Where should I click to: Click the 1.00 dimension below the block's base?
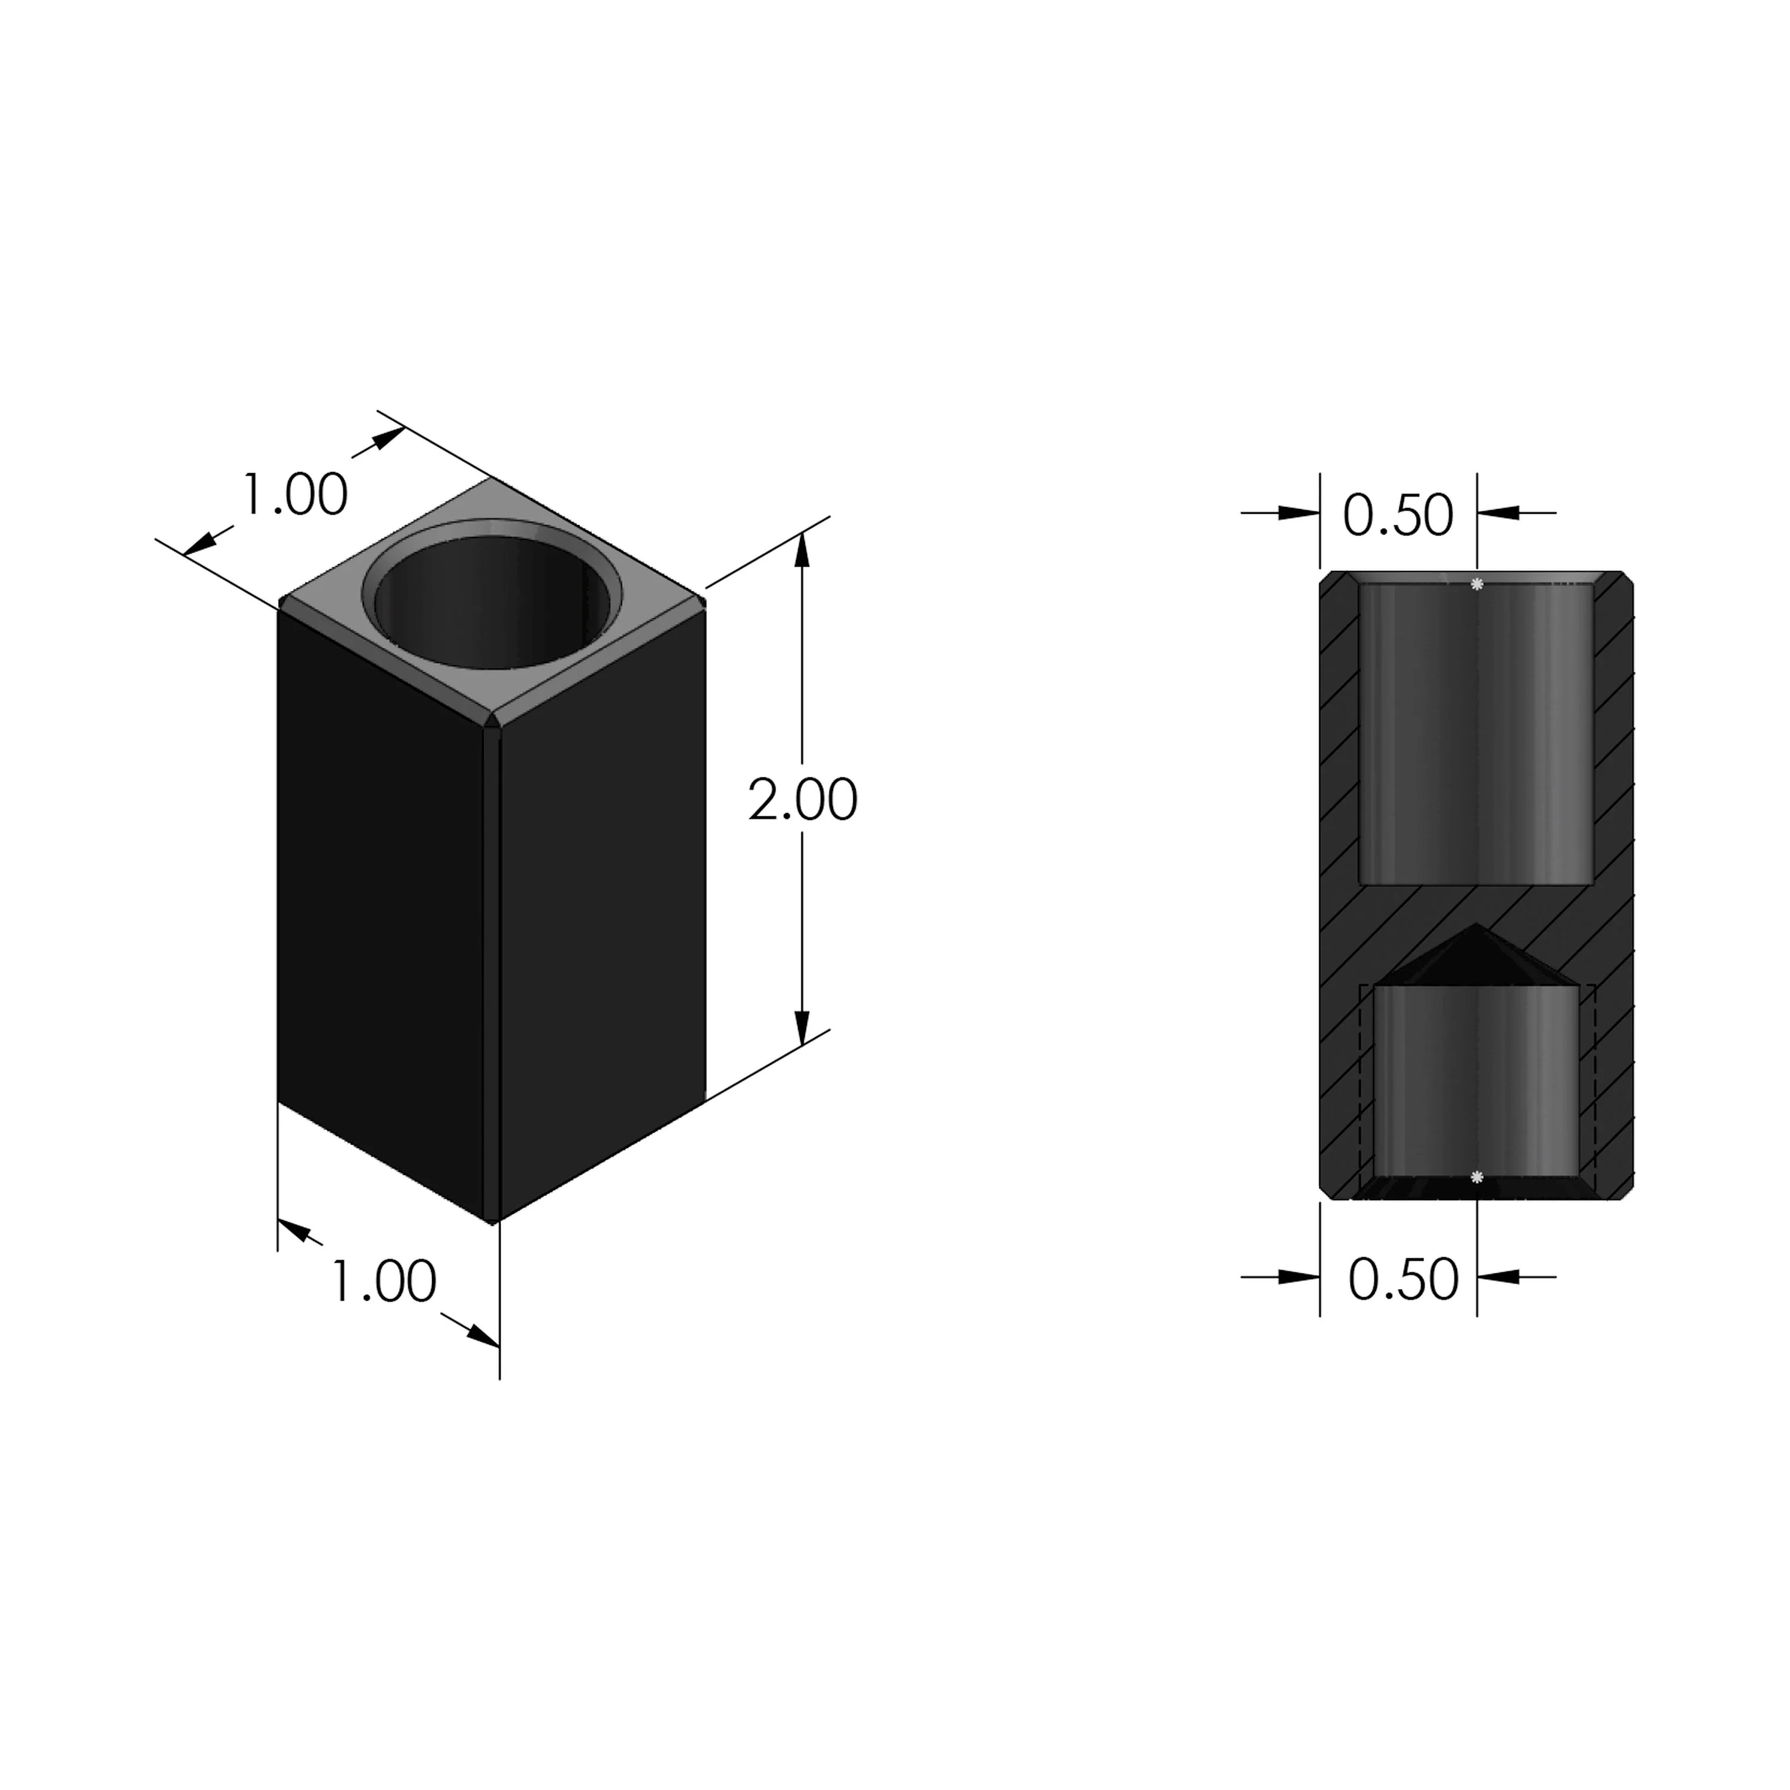point(382,1282)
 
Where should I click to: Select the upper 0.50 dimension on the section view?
point(1398,516)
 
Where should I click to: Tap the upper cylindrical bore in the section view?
point(1476,732)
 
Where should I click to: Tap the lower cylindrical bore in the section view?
point(1476,1084)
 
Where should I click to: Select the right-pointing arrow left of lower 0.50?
point(1299,1277)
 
